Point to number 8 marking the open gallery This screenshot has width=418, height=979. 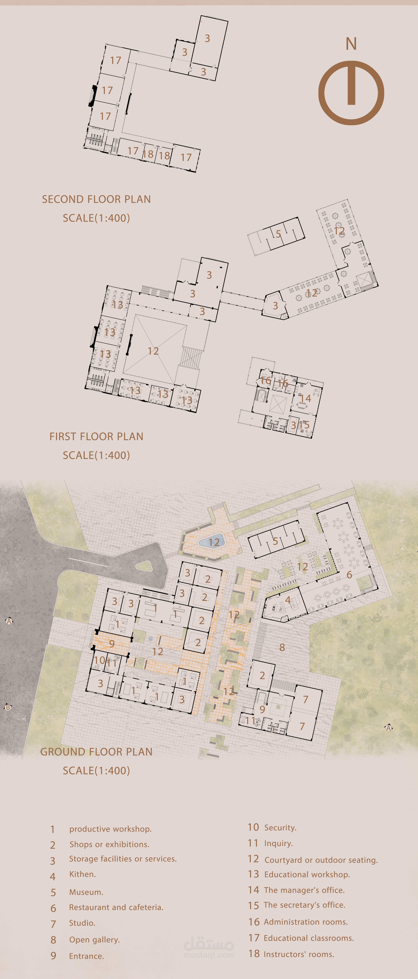(282, 647)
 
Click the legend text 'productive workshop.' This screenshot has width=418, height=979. (110, 829)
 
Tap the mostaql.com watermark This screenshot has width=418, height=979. (209, 954)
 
